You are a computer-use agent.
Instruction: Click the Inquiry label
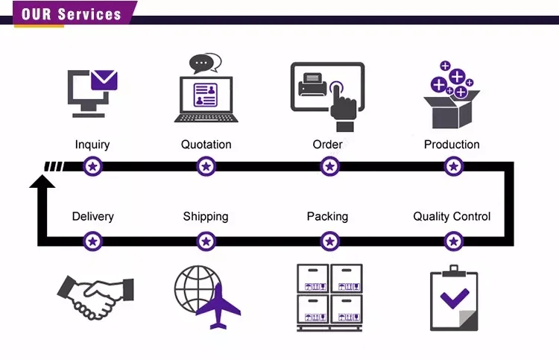coord(92,145)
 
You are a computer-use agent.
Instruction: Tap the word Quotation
coord(206,145)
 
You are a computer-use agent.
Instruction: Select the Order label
coord(327,145)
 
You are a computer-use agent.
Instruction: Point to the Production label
coord(452,145)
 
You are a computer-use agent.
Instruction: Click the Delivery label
coord(93,217)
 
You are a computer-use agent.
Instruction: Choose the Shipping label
coord(206,217)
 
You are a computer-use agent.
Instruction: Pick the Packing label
coord(327,217)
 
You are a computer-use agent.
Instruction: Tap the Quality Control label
coord(452,217)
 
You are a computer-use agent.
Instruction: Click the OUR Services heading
coord(72,14)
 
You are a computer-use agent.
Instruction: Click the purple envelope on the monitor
coord(104,80)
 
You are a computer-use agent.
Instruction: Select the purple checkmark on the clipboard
coord(453,300)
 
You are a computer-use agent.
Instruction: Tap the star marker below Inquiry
coord(92,166)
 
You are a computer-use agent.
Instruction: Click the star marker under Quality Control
coord(452,241)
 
